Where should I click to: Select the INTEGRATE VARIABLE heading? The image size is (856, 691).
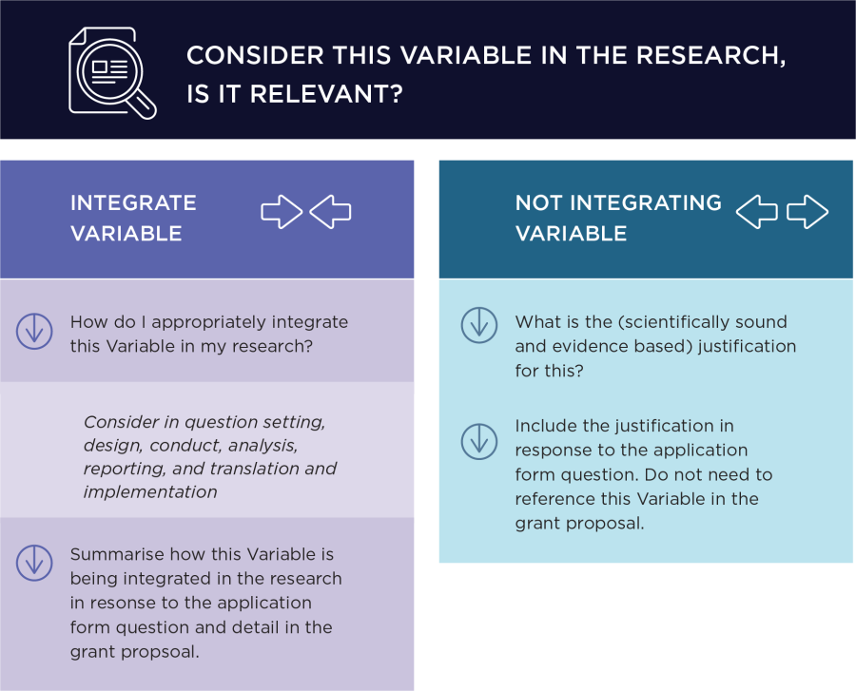[133, 218]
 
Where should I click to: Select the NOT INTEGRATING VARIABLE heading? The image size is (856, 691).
[618, 218]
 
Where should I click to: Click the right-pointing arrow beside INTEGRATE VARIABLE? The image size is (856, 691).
[282, 212]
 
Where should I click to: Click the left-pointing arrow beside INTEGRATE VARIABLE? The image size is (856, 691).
[330, 212]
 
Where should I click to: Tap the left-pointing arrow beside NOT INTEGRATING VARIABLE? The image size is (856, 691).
[757, 212]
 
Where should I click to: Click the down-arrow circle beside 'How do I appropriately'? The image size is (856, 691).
[34, 331]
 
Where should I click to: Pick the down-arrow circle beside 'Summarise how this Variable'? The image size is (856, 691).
[34, 562]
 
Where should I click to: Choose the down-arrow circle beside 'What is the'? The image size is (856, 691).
[479, 324]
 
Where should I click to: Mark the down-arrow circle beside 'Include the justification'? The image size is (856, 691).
[479, 440]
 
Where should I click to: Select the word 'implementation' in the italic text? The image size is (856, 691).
[150, 491]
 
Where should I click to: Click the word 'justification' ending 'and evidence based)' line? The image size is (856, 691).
[748, 346]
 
